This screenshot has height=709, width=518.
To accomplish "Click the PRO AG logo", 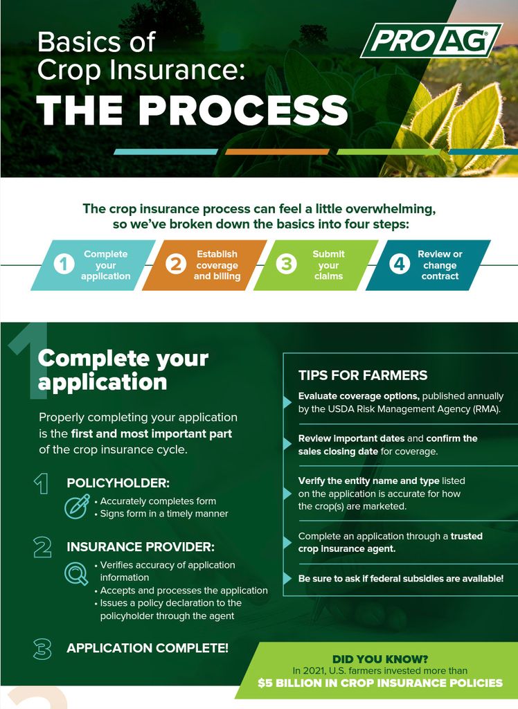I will [x=431, y=41].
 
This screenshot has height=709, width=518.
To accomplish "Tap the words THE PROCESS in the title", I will [x=192, y=110].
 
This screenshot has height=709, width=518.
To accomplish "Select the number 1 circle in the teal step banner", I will [x=64, y=264].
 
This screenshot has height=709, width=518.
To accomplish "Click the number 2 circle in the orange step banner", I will [x=176, y=264].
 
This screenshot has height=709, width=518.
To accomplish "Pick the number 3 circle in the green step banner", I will [x=287, y=264].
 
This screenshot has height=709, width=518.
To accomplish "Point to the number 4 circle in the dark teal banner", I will [x=399, y=264].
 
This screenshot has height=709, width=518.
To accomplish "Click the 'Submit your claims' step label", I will [x=328, y=264].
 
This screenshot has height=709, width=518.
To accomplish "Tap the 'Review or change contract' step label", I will [x=440, y=264].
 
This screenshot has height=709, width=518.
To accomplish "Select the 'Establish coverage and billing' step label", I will [x=217, y=264].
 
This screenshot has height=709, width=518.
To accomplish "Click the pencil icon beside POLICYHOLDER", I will [x=75, y=506].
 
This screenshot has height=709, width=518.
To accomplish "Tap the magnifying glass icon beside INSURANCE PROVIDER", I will [x=75, y=573].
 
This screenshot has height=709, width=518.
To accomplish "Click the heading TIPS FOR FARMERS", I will [x=362, y=375].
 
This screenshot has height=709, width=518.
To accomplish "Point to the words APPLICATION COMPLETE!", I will [x=148, y=648].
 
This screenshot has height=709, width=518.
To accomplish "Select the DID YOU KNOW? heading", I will [x=379, y=658].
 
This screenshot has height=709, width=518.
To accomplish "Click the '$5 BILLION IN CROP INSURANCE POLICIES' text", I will [x=380, y=683].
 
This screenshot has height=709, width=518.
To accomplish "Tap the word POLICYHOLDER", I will [x=118, y=483].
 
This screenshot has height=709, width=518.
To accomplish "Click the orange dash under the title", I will [x=277, y=152].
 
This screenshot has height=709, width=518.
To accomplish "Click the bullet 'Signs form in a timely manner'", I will [x=163, y=514].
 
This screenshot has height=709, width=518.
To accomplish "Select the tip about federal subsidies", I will [x=400, y=577].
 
